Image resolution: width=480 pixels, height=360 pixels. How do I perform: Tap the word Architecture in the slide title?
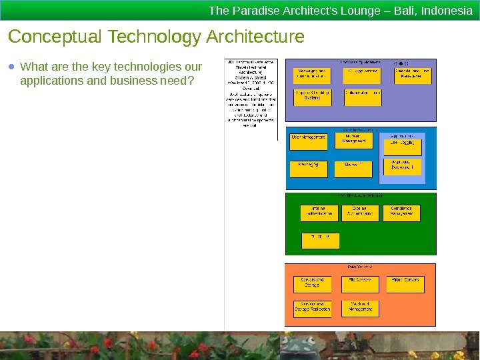point(256,36)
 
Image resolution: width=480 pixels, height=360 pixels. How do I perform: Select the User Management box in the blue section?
point(309,141)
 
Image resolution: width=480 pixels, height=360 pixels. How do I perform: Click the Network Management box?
point(354,140)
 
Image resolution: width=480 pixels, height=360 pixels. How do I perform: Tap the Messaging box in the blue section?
point(309,168)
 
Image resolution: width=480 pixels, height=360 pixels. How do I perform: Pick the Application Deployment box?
point(403,166)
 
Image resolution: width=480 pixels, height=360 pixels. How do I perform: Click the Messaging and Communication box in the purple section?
point(312,74)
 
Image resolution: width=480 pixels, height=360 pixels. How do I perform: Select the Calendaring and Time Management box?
point(412,74)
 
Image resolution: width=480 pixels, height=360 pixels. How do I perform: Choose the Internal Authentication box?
point(319,212)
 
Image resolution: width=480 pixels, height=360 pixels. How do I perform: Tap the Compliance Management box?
point(402,212)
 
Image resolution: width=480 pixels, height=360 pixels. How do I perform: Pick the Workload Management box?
point(360,308)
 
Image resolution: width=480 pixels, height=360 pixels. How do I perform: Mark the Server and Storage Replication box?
point(312,308)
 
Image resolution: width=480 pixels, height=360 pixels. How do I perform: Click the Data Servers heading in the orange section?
point(360,267)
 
